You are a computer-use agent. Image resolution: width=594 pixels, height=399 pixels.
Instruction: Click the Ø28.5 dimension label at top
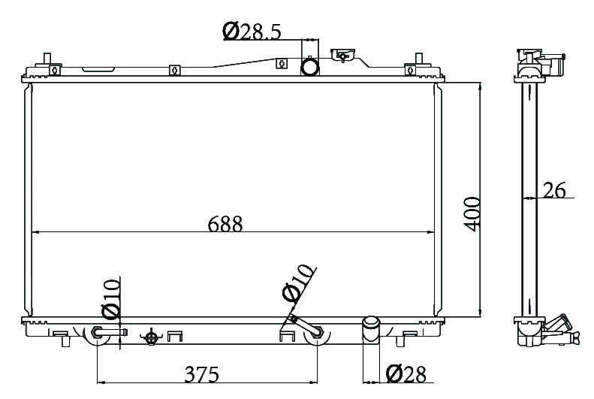pyautogui.click(x=252, y=31)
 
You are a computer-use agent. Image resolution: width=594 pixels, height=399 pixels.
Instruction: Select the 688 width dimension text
pyautogui.click(x=225, y=224)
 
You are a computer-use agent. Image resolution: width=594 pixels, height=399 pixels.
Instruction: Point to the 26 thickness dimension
pyautogui.click(x=554, y=190)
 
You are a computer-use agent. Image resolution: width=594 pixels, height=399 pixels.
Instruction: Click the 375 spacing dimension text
pyautogui.click(x=201, y=374)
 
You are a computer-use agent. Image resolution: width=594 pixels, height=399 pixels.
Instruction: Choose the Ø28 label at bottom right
pyautogui.click(x=406, y=374)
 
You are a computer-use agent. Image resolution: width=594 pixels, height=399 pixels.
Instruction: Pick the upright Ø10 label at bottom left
pyautogui.click(x=111, y=298)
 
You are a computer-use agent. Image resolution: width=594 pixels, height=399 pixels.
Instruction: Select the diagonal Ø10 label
pyautogui.click(x=299, y=283)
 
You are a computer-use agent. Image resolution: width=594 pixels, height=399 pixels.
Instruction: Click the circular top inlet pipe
pyautogui.click(x=310, y=67)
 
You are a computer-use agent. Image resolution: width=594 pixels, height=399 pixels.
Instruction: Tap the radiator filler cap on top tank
pyautogui.click(x=342, y=56)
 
